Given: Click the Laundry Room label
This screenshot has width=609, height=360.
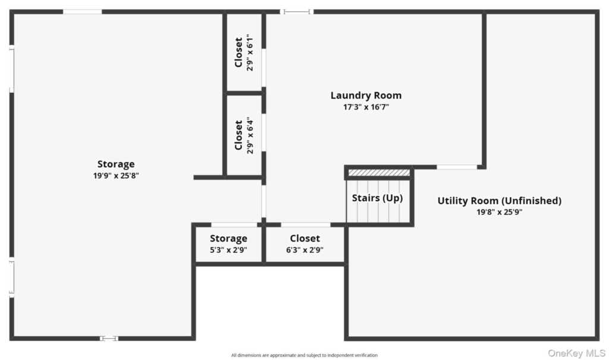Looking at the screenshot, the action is (366, 95).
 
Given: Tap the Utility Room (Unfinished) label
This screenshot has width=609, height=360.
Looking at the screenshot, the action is (500, 201).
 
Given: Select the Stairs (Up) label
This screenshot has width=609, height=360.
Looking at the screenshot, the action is (377, 198).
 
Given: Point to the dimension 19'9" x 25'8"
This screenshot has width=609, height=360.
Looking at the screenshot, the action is (116, 176).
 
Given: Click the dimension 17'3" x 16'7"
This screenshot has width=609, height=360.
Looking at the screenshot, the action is (366, 107).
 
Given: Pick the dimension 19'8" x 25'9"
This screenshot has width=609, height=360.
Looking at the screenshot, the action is (500, 212).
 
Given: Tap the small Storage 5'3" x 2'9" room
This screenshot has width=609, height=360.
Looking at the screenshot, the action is (228, 245).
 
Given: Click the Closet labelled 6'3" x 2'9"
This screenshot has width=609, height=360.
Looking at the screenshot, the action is (305, 245).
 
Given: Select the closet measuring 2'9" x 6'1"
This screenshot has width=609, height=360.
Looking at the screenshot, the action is (244, 52).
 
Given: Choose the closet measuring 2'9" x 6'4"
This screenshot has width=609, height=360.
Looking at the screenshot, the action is (244, 135).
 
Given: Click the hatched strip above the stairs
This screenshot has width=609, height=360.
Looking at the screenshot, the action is (379, 172).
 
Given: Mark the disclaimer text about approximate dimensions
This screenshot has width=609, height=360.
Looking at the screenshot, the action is (304, 355).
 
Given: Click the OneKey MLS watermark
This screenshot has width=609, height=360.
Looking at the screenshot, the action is (576, 353).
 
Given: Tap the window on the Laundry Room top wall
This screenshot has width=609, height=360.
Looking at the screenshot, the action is (297, 12).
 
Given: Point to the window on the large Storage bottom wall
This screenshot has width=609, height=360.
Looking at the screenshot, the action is (109, 339).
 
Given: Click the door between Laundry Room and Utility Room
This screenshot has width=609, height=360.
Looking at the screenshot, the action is (457, 167).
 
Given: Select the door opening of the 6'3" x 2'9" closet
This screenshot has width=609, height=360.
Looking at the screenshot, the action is (306, 225).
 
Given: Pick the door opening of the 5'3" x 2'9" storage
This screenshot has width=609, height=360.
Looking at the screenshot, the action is (234, 225).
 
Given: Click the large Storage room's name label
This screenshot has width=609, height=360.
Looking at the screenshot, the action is (116, 164).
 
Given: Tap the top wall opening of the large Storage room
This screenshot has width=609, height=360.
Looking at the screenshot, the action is (82, 12).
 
